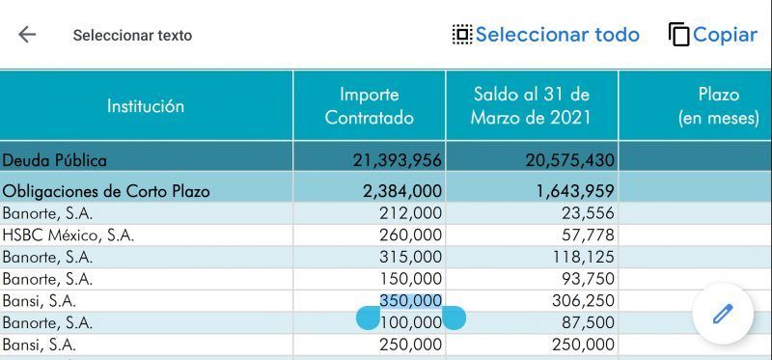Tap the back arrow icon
[x=27, y=35]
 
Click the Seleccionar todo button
[x=546, y=35]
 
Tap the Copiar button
[x=713, y=35]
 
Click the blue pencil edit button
[x=723, y=314]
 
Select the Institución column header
[x=146, y=106]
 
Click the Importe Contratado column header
[x=370, y=106]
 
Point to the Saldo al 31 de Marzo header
[x=532, y=106]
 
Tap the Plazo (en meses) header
[x=718, y=106]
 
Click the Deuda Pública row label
[x=54, y=160]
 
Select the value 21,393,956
[x=398, y=160]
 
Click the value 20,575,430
[x=569, y=160]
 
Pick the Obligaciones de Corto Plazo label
[x=106, y=191]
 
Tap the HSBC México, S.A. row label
[x=68, y=235]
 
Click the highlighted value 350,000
[x=411, y=300]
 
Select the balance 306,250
[x=584, y=300]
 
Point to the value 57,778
[x=589, y=235]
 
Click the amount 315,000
[x=411, y=257]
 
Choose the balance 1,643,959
[x=575, y=191]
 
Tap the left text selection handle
[x=368, y=318]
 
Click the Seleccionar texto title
[x=132, y=36]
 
